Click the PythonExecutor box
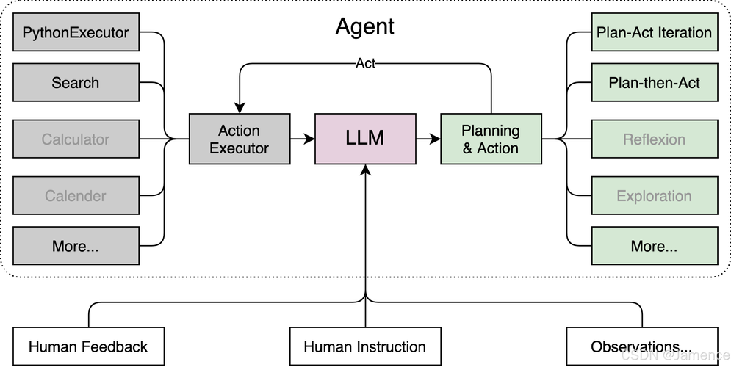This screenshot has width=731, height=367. pos(76,32)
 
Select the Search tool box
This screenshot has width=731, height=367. pos(76,83)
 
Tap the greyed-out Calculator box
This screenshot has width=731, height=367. pos(76,139)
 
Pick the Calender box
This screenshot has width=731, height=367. pos(76,196)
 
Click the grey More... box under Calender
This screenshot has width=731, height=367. pos(76,246)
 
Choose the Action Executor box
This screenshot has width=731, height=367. pos(240,139)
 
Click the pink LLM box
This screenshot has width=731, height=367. pos(365,138)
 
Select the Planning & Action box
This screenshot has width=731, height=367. pos(491,139)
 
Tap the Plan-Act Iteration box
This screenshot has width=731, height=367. pos(654,32)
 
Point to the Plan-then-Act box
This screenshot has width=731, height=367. pos(654,83)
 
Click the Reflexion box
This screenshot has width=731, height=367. pos(654,139)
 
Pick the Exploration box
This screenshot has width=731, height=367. pos(654,196)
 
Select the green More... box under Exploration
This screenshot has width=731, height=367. pos(654,246)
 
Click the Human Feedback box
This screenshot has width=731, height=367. pos(88,346)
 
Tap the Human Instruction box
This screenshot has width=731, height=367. pos(365,346)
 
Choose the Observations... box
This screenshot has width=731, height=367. pos(641,346)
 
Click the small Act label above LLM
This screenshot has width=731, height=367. pos(365,63)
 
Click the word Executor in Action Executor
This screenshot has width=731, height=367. pos(240,148)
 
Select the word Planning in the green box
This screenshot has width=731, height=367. pos(491,131)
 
